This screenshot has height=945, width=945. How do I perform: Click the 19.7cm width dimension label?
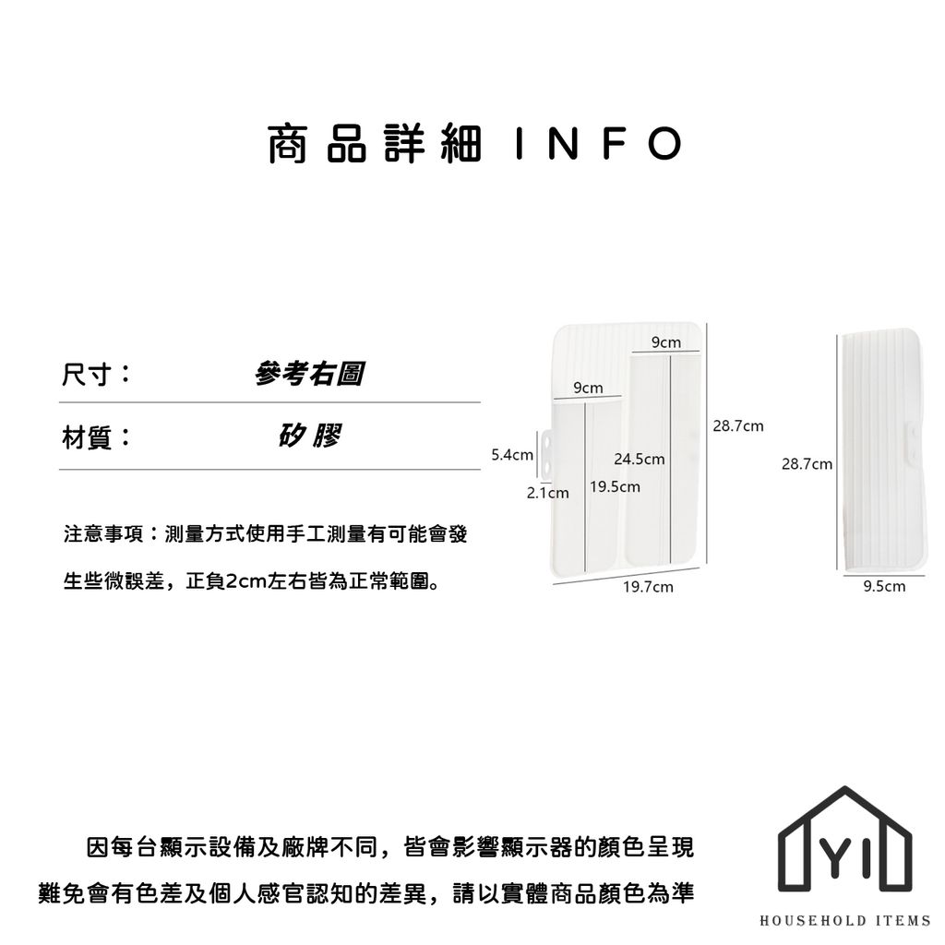tap(648, 587)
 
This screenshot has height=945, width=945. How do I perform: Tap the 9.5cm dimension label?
tap(884, 586)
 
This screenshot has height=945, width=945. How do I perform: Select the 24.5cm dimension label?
tap(640, 460)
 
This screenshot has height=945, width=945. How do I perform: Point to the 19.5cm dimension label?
tap(615, 487)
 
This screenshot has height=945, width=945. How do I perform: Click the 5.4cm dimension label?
tap(512, 455)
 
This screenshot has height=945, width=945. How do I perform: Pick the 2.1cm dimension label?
tap(548, 493)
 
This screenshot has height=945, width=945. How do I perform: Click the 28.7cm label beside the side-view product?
tap(807, 464)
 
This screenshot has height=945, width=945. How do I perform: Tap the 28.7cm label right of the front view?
tap(738, 426)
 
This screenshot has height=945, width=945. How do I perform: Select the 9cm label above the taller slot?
tap(666, 342)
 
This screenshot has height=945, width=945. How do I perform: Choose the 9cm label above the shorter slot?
tap(588, 388)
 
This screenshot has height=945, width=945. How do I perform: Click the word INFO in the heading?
tap(599, 144)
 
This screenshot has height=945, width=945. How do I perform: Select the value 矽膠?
tap(310, 436)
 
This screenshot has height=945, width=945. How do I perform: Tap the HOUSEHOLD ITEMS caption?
tap(845, 920)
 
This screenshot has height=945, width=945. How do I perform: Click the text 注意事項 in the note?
tap(103, 534)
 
